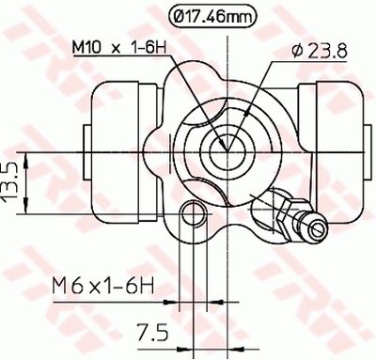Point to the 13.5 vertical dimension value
[12, 175]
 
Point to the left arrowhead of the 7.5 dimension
[185, 302]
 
